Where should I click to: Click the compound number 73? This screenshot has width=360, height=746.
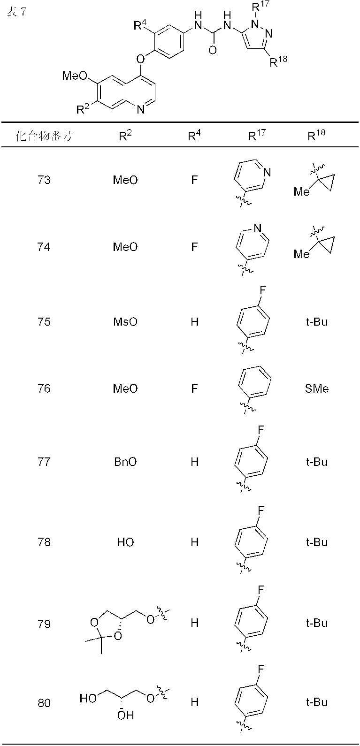44,180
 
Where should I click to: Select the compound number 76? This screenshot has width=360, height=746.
44,388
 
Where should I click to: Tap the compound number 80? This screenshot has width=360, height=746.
44,702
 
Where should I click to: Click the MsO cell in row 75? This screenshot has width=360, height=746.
125,322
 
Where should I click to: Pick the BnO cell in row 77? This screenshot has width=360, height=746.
125,462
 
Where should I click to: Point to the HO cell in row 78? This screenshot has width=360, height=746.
125,542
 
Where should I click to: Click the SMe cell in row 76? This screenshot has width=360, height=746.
316,388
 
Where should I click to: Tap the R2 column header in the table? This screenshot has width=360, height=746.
125,136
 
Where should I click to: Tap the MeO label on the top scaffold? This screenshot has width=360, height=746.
74,76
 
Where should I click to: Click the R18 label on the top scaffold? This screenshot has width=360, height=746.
278,61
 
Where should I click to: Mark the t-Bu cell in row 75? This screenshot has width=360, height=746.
316,322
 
